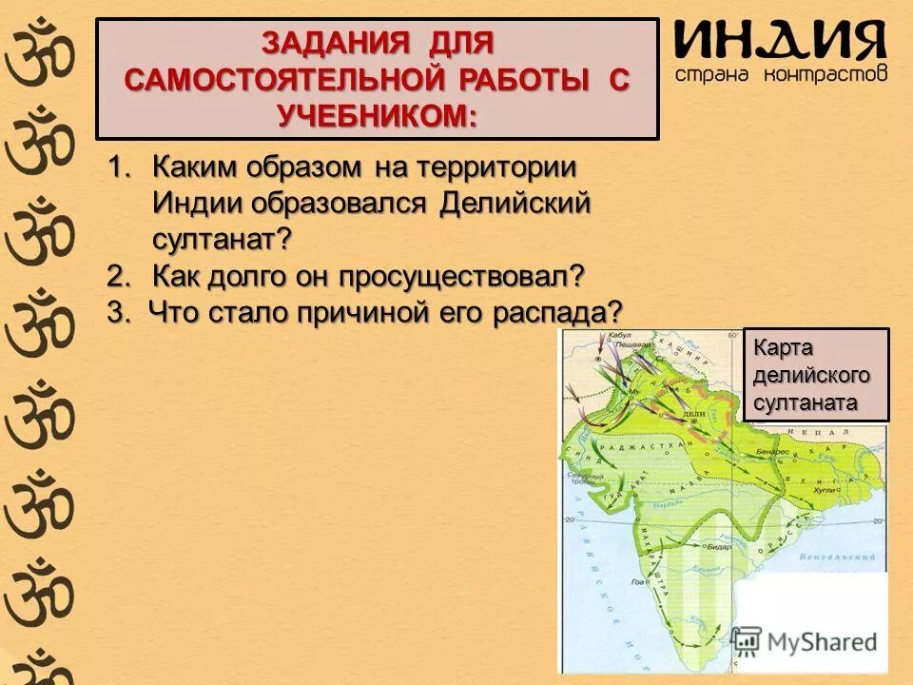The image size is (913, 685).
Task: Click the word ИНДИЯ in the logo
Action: [780, 40]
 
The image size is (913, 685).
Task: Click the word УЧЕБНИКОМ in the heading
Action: [377, 115]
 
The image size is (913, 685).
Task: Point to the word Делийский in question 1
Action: [515, 203]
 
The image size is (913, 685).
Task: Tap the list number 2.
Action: [118, 276]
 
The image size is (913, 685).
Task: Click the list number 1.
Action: [118, 167]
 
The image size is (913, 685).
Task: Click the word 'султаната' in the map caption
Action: [805, 401]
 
